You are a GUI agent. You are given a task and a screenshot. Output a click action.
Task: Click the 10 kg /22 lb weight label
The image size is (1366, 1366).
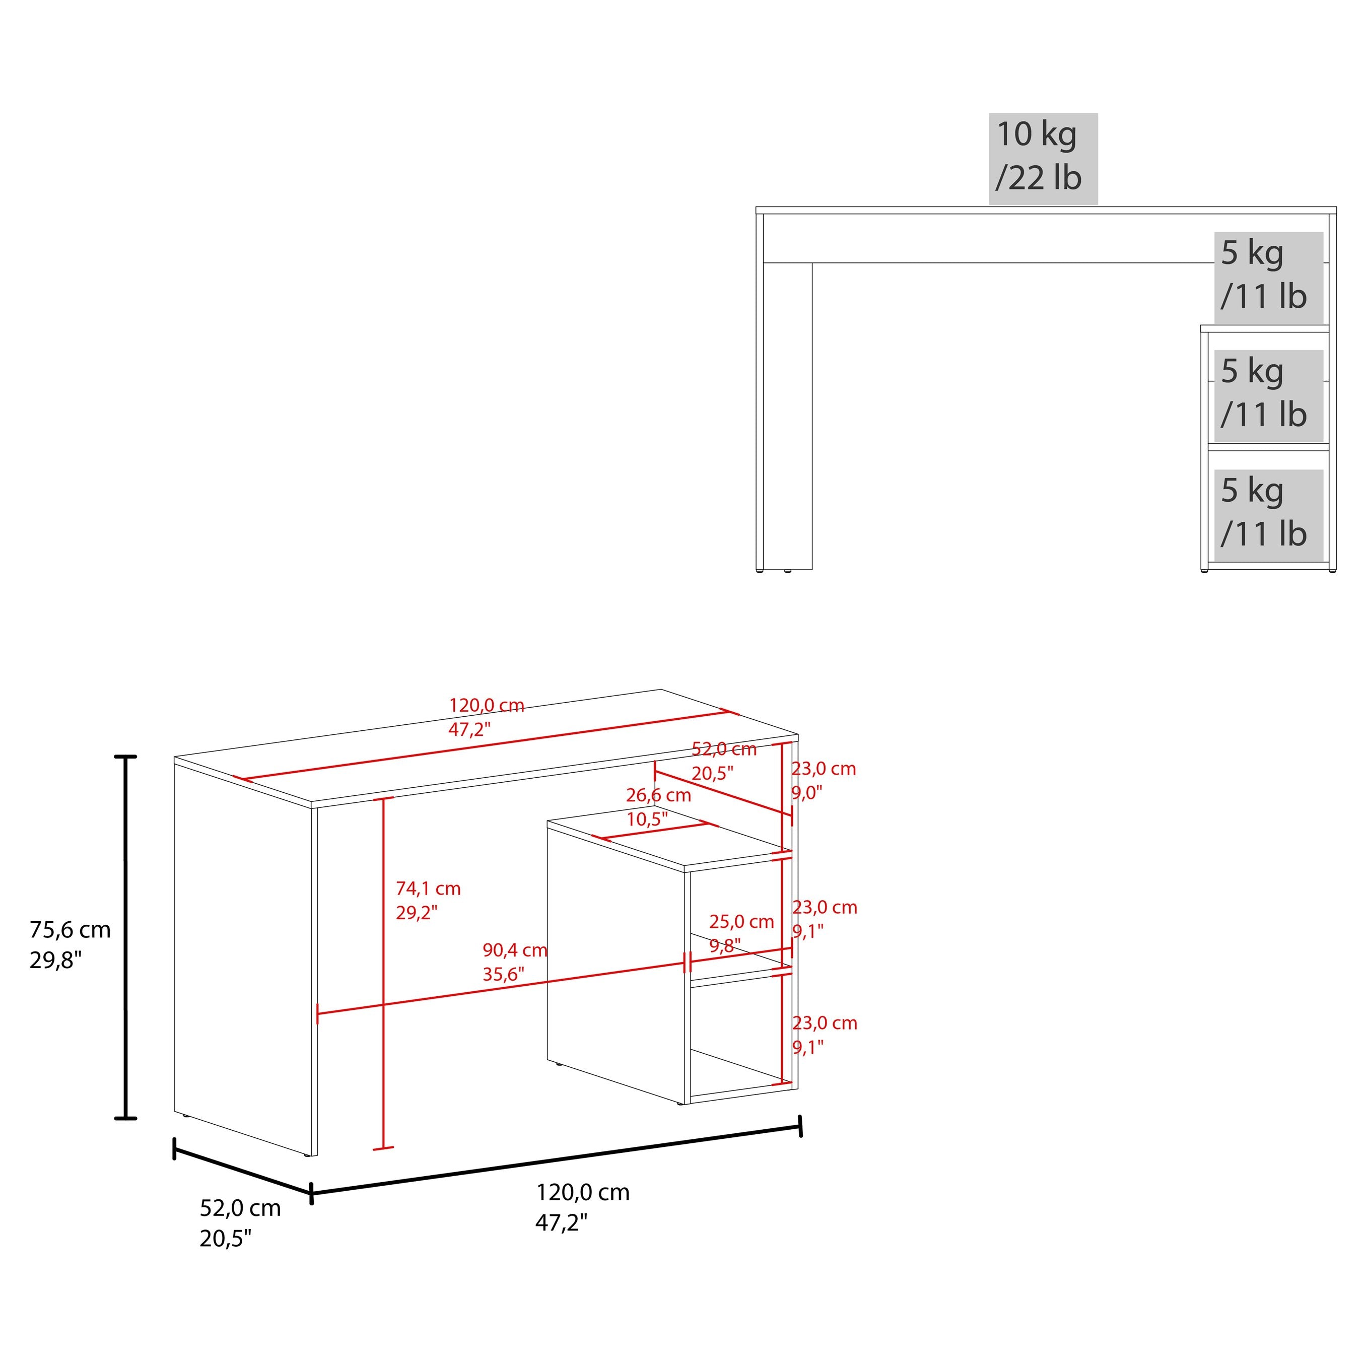point(1043,158)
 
